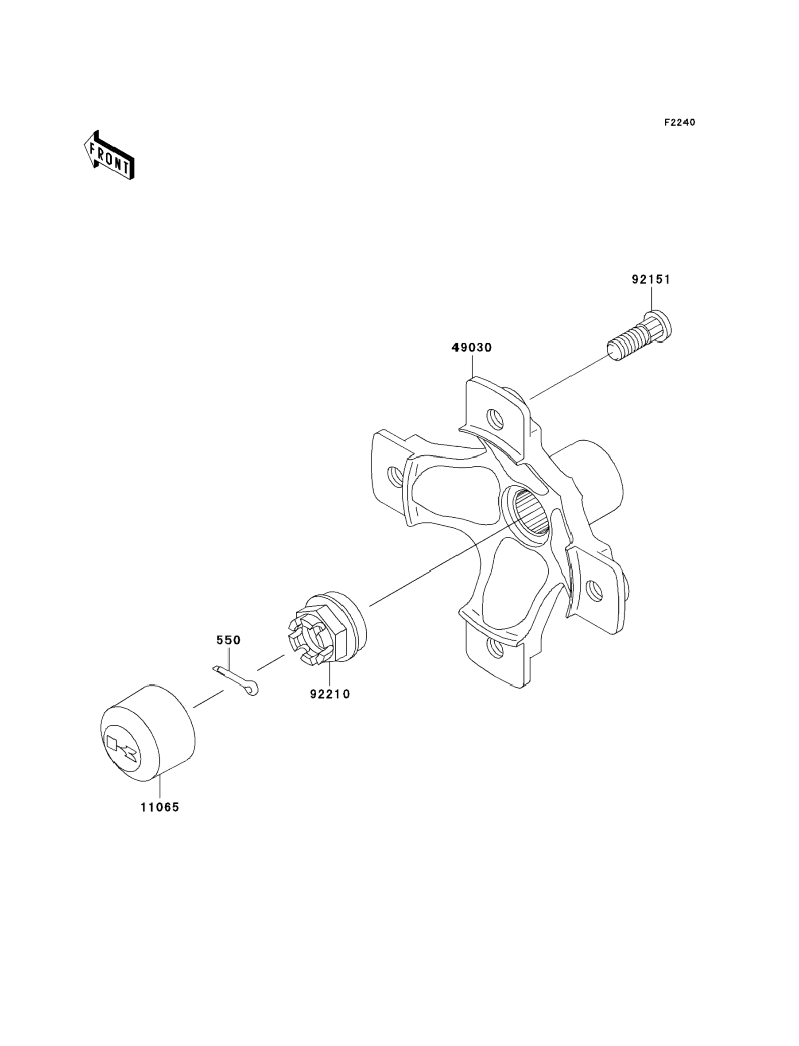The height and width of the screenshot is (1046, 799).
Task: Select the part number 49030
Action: coord(471,348)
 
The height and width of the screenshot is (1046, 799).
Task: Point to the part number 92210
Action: coord(330,694)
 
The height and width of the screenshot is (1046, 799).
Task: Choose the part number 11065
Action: coord(160,807)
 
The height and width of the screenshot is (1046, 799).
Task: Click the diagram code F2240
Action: coord(679,123)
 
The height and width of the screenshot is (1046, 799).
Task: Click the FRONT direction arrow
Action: coord(109,155)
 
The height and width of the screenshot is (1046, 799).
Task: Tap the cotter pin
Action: coord(236,680)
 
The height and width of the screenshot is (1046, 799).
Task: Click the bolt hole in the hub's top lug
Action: coord(495,419)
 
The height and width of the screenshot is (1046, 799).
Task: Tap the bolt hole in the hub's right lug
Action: coord(594,590)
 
